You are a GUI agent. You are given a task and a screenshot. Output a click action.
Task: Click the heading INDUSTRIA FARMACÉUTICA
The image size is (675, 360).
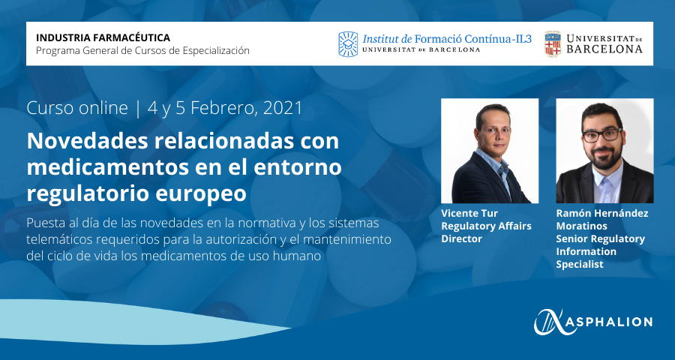pyautogui.click(x=103, y=38)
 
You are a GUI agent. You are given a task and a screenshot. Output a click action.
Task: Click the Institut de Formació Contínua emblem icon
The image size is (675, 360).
pyautogui.click(x=348, y=44)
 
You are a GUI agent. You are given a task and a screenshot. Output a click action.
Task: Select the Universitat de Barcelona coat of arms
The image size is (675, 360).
pyautogui.click(x=553, y=44)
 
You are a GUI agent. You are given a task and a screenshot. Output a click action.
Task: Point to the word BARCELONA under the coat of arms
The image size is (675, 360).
pyautogui.click(x=604, y=49)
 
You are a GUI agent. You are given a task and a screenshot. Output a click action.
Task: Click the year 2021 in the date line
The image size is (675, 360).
pyautogui.click(x=283, y=108)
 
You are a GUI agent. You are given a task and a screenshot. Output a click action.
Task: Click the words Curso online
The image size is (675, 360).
pyautogui.click(x=77, y=108)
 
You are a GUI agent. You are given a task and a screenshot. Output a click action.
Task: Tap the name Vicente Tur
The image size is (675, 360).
pyautogui.click(x=469, y=213)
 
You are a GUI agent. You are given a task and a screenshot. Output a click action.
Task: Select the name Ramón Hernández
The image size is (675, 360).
pyautogui.click(x=601, y=213)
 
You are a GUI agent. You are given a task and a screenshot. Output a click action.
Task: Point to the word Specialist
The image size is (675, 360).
pyautogui.click(x=580, y=265)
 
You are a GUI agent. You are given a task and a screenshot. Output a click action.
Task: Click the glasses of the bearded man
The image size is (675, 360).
pyautogui.click(x=602, y=135)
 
